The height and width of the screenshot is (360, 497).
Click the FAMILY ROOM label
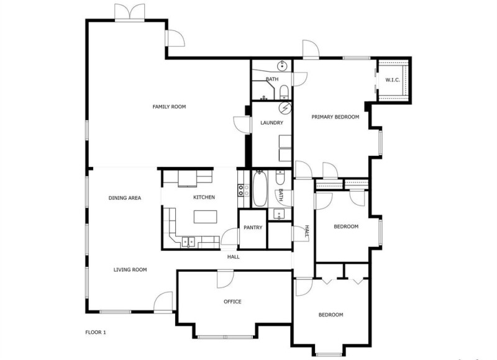(169, 107)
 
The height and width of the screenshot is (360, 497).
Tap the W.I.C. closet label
(393, 80)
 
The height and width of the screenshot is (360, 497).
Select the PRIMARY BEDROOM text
(335, 117)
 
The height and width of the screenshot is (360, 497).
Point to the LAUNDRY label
(271, 123)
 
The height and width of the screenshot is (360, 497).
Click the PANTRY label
(253, 227)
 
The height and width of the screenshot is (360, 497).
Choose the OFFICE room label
(232, 302)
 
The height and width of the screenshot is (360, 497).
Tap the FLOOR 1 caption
(96, 333)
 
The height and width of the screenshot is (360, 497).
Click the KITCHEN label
(204, 197)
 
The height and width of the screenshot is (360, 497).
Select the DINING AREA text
(125, 198)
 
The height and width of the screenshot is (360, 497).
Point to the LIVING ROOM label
(130, 270)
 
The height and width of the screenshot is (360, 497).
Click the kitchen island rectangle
(206, 217)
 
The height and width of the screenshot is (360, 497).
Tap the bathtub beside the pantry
(260, 189)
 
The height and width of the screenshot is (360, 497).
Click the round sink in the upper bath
(282, 66)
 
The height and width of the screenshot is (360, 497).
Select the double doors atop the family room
(129, 12)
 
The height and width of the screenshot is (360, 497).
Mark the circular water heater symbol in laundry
(285, 108)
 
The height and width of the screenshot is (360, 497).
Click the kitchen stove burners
(244, 190)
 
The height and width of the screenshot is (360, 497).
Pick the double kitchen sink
(188, 243)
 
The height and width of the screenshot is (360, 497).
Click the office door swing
(226, 279)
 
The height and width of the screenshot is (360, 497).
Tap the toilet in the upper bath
(284, 91)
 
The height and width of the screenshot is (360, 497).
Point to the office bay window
(225, 336)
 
